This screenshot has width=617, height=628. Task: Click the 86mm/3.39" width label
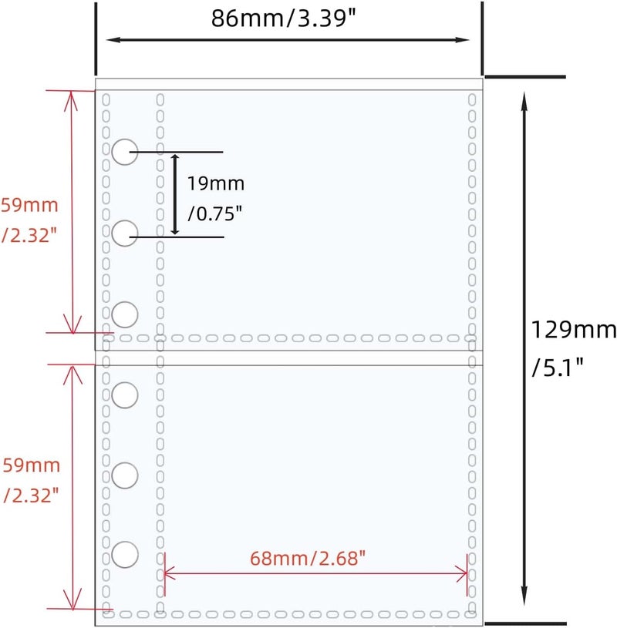[x=284, y=18]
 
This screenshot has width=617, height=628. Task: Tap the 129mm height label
[x=573, y=330]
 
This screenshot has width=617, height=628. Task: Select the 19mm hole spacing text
[x=216, y=184]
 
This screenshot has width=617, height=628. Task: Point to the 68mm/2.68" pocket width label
[x=308, y=559]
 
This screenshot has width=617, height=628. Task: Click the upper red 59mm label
[x=29, y=205]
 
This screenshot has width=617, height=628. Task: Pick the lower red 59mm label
[x=32, y=465]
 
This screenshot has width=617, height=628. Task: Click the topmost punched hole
[x=125, y=153]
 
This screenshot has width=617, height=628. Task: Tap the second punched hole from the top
[x=125, y=233]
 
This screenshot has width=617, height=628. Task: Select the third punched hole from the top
[x=125, y=314]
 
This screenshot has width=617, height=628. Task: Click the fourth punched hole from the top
[x=125, y=395]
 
